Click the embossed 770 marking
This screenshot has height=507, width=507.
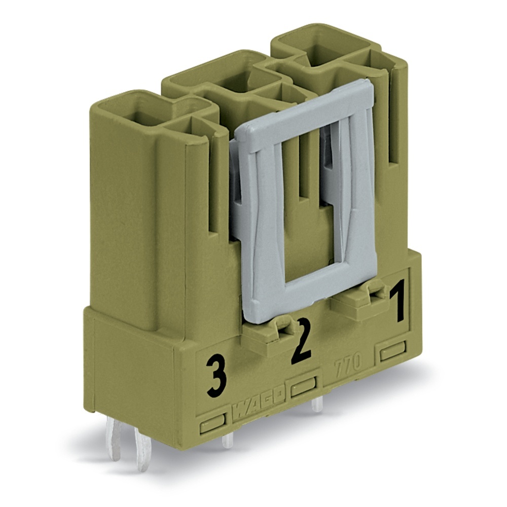click(348, 363)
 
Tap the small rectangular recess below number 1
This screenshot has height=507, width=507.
click(393, 350)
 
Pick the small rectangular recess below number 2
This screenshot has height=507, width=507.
click(303, 387)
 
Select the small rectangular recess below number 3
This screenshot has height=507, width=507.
click(212, 423)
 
